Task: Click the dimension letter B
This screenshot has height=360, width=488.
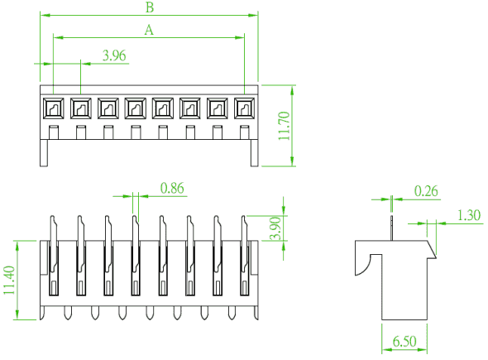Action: (150, 7)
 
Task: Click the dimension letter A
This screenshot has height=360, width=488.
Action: (149, 30)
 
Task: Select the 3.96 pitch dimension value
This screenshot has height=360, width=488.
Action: (114, 55)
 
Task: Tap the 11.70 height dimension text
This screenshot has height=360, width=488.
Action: (285, 126)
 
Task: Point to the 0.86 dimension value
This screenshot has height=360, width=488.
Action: (172, 188)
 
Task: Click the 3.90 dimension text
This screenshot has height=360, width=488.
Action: (275, 228)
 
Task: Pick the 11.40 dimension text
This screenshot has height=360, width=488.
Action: (9, 280)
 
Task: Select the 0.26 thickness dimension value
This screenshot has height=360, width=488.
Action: (426, 191)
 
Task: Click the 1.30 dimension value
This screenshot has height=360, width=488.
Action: (469, 215)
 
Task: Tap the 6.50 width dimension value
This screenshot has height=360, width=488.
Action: (404, 341)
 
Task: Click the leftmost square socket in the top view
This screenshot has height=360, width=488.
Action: (53, 108)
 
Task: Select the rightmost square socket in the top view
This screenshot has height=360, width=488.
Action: (244, 108)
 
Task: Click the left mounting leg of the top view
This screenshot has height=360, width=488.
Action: (44, 153)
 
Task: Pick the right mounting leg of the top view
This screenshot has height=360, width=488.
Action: (255, 153)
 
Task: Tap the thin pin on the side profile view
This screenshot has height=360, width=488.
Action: (391, 228)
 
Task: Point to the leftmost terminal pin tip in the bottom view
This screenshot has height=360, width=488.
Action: (42, 313)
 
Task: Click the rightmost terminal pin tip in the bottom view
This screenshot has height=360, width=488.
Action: (256, 313)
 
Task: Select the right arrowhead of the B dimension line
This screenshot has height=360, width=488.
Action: (252, 15)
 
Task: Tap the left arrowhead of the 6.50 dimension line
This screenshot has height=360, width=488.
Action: (387, 350)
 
